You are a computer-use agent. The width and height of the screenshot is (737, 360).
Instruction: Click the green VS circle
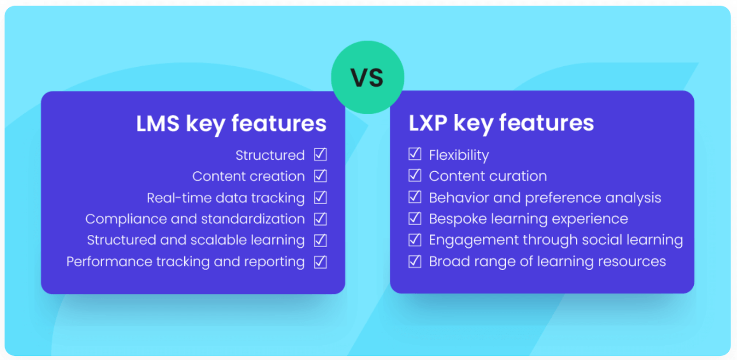[367, 77]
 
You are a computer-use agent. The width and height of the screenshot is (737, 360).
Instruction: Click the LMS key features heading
[231, 123]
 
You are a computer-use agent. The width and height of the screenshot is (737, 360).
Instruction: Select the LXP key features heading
[501, 123]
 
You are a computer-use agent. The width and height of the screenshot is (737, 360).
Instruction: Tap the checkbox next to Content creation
[321, 176]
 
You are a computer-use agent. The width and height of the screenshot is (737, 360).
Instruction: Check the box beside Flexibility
[415, 154]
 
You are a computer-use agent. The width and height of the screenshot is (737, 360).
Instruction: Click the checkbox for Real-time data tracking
[321, 197]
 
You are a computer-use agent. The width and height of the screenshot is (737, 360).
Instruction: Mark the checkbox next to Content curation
[415, 175]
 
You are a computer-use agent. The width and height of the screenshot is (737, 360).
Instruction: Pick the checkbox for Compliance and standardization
[321, 219]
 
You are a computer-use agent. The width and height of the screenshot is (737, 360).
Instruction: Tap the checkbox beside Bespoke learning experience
[415, 218]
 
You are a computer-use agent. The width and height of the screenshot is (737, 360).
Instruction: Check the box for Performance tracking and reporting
[321, 262]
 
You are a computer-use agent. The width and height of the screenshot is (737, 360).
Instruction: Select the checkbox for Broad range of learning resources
[415, 261]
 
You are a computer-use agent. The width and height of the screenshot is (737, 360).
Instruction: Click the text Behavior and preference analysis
[545, 197]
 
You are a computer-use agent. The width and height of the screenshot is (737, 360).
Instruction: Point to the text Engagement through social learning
[556, 240]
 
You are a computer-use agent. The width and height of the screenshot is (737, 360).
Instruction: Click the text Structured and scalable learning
[196, 240]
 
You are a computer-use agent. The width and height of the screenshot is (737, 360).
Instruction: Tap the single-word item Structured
[270, 155]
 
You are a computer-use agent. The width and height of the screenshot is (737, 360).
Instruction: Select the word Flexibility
[459, 155]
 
